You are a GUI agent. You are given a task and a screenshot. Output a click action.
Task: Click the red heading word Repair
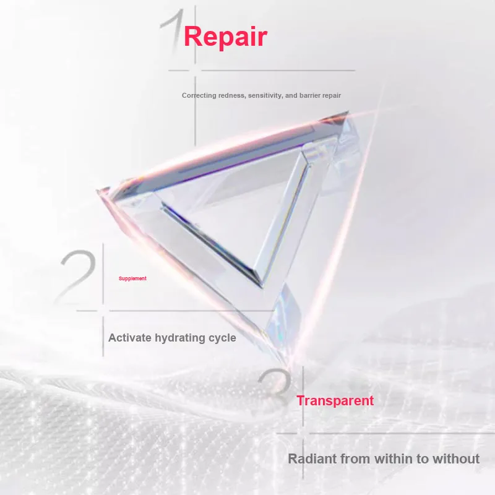coord(225,37)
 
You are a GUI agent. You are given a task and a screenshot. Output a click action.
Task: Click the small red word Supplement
coord(132,278)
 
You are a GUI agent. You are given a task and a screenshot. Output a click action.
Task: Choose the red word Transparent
coord(335,401)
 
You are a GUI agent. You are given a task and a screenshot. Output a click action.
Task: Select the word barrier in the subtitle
coord(309,95)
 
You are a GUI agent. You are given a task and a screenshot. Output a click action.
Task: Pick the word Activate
coord(130,338)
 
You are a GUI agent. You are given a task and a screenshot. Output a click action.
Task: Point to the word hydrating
coord(180,338)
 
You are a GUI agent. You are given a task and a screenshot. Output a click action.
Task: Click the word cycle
coord(222,338)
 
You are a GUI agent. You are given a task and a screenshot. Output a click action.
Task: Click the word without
coord(456,458)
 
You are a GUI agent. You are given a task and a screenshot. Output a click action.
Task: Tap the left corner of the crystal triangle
coord(98,191)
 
